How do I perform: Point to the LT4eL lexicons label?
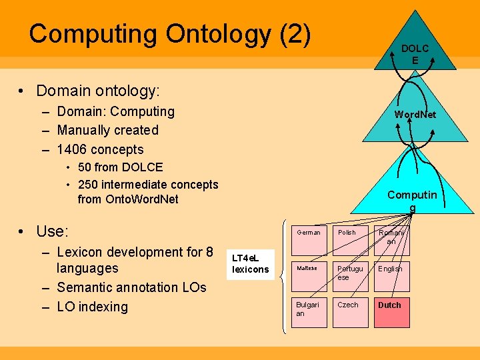click(251, 263)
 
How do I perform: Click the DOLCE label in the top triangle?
click(415, 54)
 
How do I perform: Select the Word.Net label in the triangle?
click(415, 115)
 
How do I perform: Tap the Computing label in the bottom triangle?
click(412, 201)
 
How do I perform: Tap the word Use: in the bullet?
click(53, 231)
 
